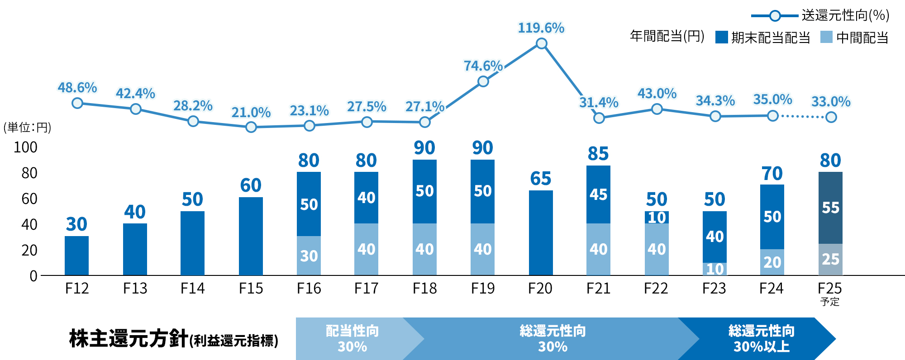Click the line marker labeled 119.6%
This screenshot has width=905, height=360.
[541, 44]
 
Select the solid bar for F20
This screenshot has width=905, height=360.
[541, 232]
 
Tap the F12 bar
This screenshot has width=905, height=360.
[76, 256]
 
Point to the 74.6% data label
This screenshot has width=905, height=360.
[483, 66]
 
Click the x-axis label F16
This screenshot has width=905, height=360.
[309, 289]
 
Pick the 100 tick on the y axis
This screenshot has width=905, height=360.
[25, 147]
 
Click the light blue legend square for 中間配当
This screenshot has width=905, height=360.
[826, 37]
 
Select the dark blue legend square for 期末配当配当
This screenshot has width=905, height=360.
[721, 37]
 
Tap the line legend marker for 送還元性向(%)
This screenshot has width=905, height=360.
[775, 16]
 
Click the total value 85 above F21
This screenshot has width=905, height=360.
[598, 154]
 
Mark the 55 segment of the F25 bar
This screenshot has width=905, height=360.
[830, 208]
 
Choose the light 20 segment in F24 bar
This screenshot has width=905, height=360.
[772, 262]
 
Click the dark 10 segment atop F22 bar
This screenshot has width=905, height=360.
[657, 218]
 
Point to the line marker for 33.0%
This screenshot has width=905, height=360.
[831, 117]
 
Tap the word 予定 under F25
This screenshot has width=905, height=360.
[830, 302]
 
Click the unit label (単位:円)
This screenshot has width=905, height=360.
[27, 128]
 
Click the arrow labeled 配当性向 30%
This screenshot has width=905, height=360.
[352, 339]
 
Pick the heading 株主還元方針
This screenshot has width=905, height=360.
[129, 339]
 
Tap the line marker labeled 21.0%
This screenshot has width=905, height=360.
[251, 127]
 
